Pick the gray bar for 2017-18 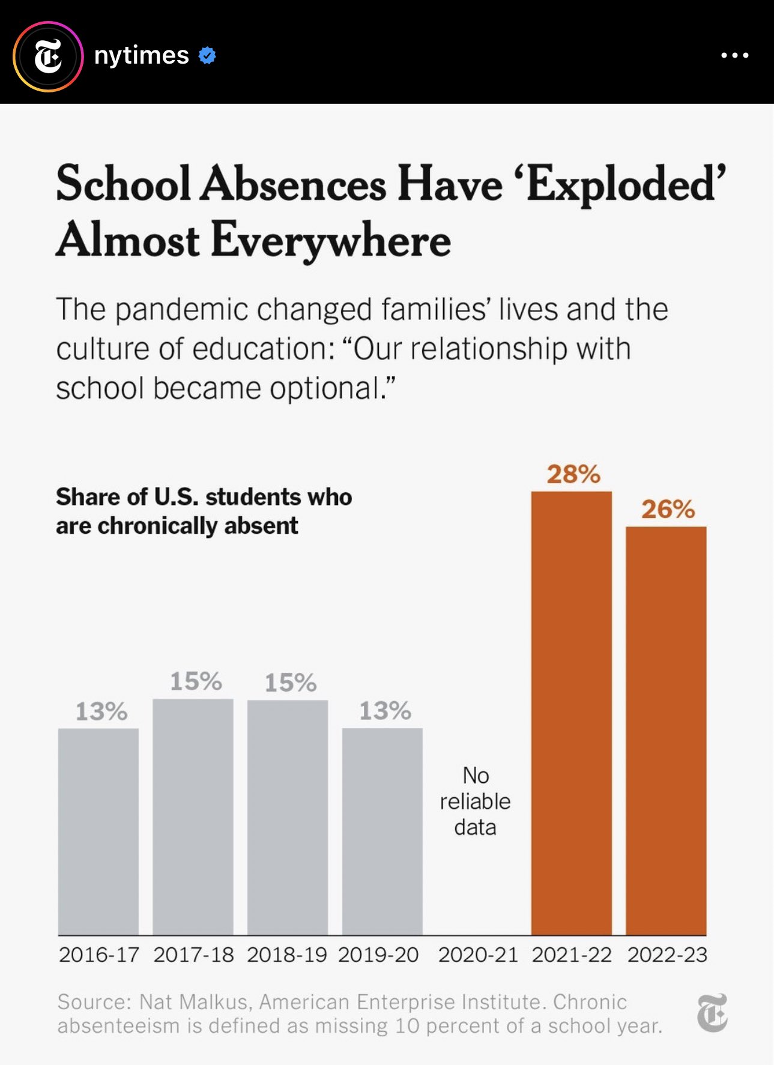click(193, 816)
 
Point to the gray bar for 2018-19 click(288, 816)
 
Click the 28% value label click(573, 474)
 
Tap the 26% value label click(668, 510)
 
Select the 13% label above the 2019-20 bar click(385, 711)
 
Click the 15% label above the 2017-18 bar click(196, 681)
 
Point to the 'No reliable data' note click(475, 801)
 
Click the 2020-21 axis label click(478, 955)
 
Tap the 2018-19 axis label click(287, 955)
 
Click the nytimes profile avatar click(48, 56)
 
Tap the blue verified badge click(207, 55)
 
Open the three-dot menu click(734, 55)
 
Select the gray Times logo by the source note click(712, 1013)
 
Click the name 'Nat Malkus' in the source click(193, 1002)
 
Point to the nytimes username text click(142, 55)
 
